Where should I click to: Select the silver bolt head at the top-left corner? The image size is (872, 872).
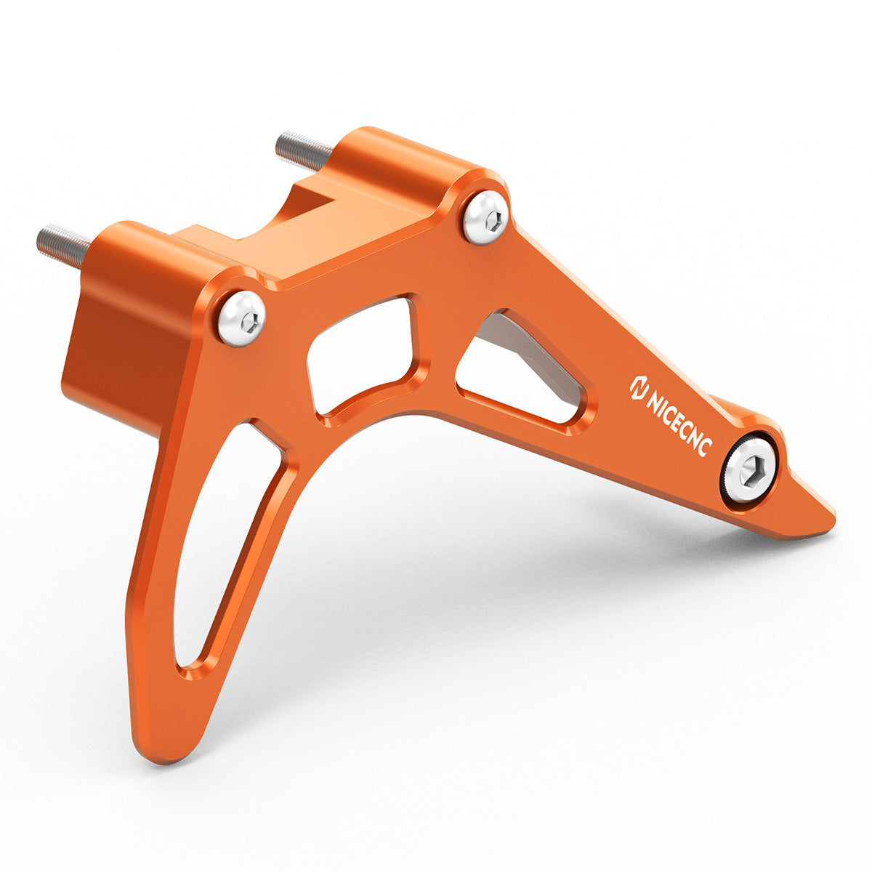tap(242, 318)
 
